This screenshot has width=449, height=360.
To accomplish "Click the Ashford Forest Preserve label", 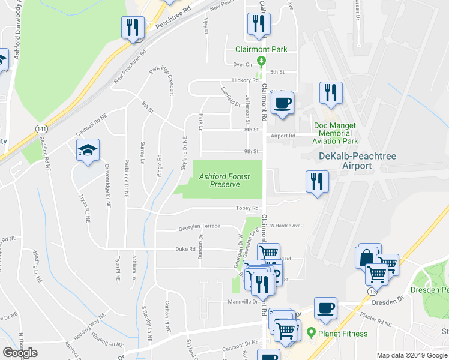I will pyautogui.click(x=225, y=180).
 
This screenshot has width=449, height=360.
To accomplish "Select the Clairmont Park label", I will pyautogui.click(x=261, y=49).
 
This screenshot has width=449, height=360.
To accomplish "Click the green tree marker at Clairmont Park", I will pyautogui.click(x=261, y=61).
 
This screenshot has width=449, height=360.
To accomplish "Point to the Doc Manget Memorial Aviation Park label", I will pyautogui.click(x=335, y=133).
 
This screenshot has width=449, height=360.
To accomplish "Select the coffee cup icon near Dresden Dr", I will pyautogui.click(x=325, y=308).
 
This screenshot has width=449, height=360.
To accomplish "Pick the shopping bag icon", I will pyautogui.click(x=367, y=258).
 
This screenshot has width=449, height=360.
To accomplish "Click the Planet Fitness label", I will pyautogui.click(x=343, y=332).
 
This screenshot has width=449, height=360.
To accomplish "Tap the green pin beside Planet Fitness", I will pyautogui.click(x=311, y=332).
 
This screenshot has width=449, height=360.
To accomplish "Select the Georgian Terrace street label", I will pyautogui.click(x=199, y=229).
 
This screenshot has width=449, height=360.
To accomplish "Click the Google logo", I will pyautogui.click(x=20, y=353).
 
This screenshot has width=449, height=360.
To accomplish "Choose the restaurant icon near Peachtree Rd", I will pyautogui.click(x=132, y=28).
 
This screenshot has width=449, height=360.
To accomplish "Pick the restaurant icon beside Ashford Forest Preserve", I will pyautogui.click(x=316, y=182).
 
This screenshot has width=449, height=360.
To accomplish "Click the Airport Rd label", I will pyautogui.click(x=283, y=136).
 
